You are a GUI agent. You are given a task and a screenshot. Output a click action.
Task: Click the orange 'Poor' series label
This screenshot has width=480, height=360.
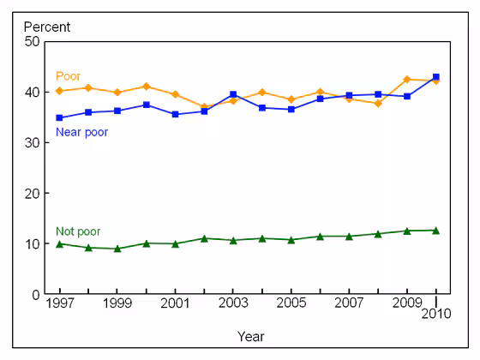68,75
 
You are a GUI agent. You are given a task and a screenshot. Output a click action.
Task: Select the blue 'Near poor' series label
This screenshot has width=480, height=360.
81,132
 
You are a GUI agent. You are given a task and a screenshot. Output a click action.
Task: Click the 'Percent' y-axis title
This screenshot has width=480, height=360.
47,27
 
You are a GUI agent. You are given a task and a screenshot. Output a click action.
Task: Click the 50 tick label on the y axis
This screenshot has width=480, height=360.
33,41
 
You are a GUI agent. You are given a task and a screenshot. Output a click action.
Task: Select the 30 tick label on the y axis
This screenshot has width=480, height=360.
33,142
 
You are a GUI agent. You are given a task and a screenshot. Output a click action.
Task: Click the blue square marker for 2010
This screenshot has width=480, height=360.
436,77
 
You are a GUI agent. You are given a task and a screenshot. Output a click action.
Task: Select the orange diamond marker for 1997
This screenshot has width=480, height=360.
59,91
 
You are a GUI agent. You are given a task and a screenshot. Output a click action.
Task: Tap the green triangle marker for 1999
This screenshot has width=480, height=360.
117,249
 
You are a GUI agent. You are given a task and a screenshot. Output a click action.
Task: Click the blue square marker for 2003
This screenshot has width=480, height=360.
233,94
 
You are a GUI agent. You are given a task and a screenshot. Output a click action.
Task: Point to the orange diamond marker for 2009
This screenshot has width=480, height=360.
407,80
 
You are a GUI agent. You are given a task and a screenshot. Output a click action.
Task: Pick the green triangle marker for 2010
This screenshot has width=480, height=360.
436,230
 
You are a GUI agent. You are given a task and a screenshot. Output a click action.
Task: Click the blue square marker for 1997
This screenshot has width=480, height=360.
59,117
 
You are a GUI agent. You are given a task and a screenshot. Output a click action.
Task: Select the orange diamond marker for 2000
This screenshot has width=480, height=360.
147,87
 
